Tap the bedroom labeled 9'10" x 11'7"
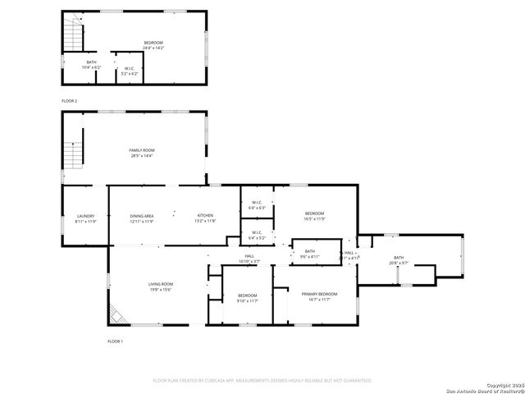(x=248, y=298)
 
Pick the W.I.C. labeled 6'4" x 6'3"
(x=257, y=205)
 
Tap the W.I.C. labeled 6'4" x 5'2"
(x=257, y=235)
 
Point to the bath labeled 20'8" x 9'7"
(x=399, y=260)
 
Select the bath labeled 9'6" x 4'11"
(x=310, y=254)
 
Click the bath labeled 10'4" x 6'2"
(x=91, y=65)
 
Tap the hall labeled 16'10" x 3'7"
(x=249, y=259)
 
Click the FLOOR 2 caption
(x=70, y=100)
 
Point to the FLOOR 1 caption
(x=116, y=341)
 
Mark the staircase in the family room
(x=75, y=150)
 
